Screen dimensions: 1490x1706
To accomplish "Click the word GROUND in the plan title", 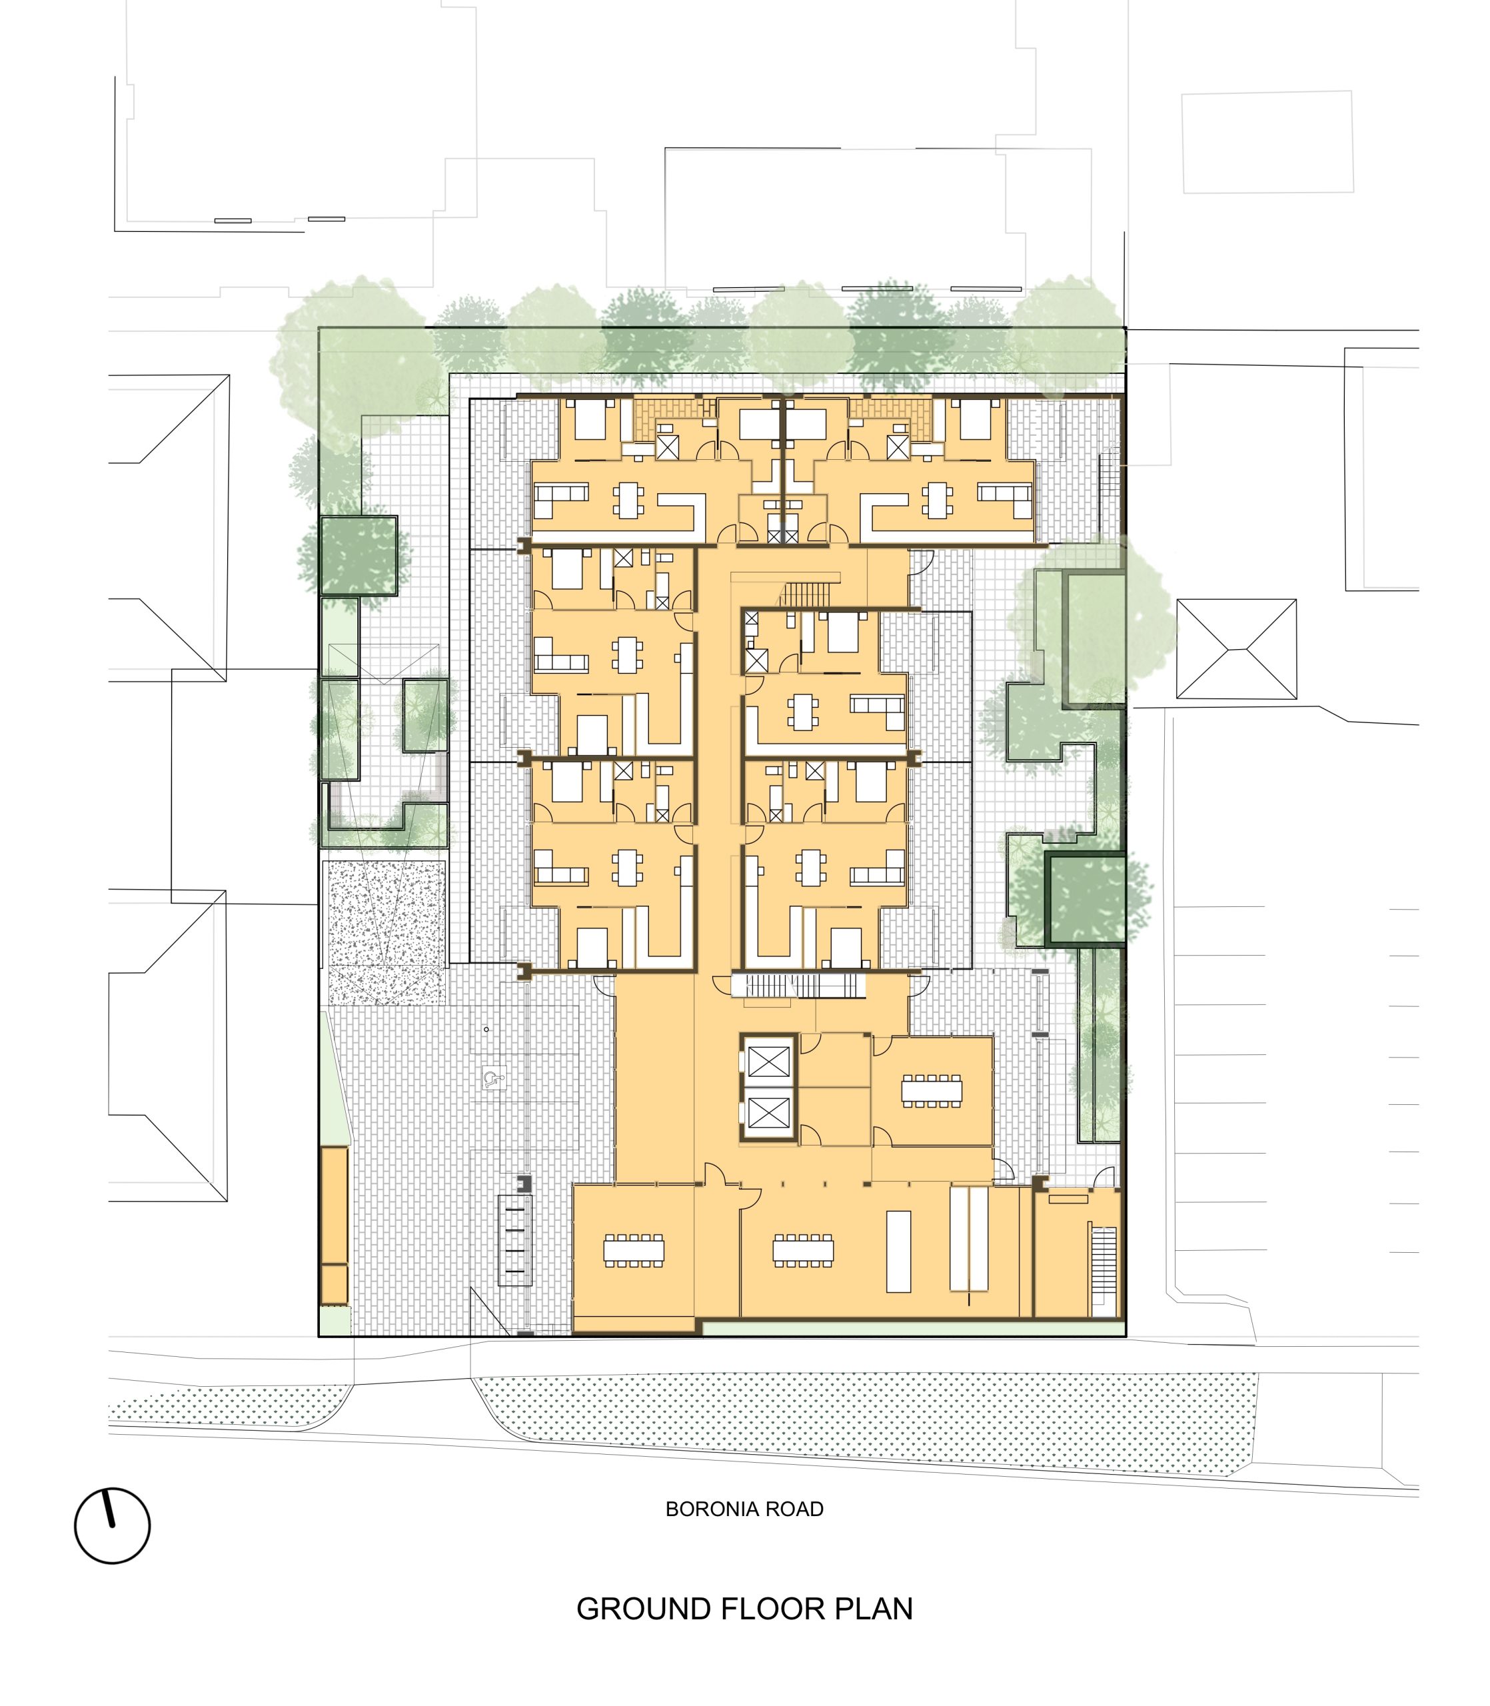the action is (x=643, y=1609).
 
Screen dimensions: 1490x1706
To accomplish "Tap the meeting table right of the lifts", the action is (x=932, y=1091).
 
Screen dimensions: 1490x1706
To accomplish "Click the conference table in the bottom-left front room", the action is (x=634, y=1250).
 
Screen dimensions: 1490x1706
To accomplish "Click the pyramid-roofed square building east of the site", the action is (x=1236, y=648).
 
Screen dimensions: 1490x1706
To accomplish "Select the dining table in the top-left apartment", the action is (x=628, y=500).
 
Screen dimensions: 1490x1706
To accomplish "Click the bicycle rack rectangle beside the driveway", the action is (x=514, y=1240).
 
